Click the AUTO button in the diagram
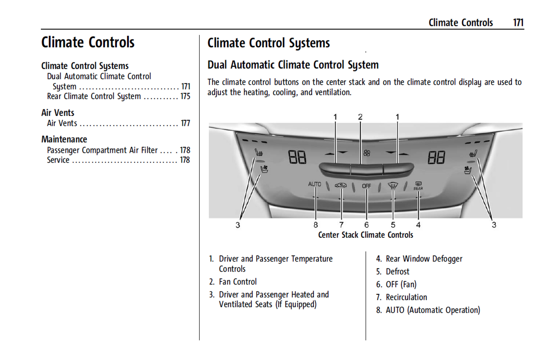(314, 184)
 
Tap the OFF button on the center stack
(366, 186)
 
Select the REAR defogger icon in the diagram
(418, 185)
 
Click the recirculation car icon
(341, 185)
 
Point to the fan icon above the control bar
(366, 153)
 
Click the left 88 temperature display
(297, 157)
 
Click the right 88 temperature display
(436, 157)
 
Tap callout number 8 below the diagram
(315, 225)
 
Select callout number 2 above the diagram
(360, 117)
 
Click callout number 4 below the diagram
(418, 225)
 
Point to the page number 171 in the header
(518, 23)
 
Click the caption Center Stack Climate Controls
(365, 235)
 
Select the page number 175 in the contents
(185, 96)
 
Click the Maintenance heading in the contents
(64, 139)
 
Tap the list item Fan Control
(238, 282)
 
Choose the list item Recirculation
(406, 297)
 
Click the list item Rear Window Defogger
(424, 259)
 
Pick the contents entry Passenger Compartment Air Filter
(102, 150)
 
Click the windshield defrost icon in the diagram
(392, 185)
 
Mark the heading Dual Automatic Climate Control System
(293, 65)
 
